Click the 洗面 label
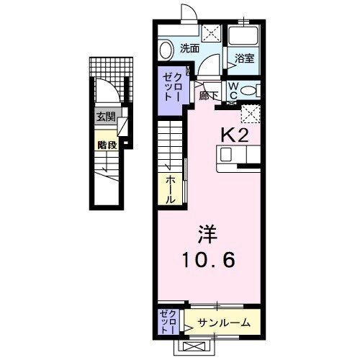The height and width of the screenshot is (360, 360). [189, 49]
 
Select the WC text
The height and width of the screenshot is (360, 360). [233, 90]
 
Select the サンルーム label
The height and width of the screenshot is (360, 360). [225, 323]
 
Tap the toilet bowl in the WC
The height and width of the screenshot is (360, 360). [248, 90]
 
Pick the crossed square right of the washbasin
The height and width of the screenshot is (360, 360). [211, 32]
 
